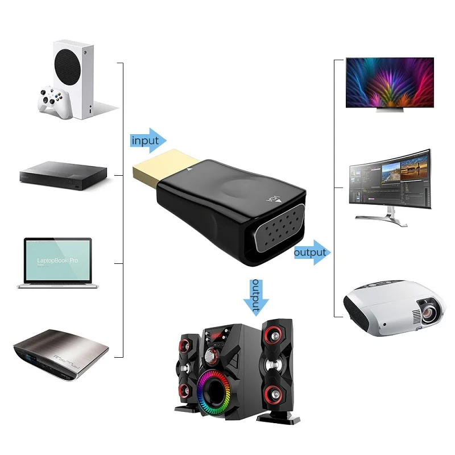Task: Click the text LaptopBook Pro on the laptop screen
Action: click(57, 259)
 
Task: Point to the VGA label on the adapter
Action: click(274, 200)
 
